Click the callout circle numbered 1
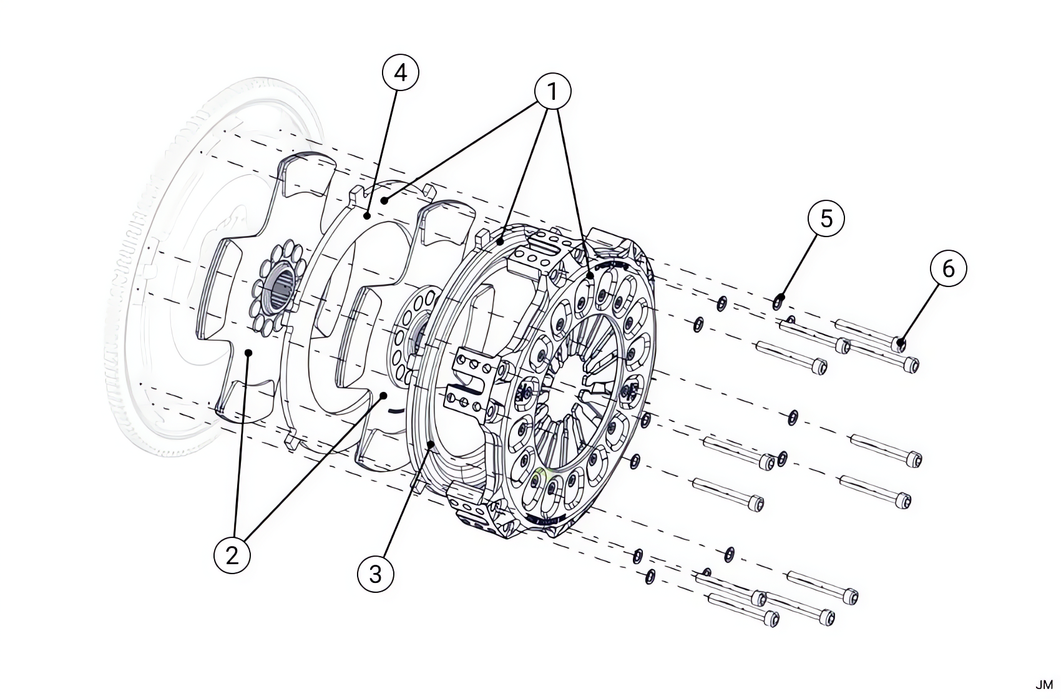tap(552, 92)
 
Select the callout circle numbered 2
tap(232, 554)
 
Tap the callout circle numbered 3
tap(376, 573)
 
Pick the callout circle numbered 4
tap(400, 73)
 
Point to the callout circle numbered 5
tap(826, 218)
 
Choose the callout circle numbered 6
tap(948, 268)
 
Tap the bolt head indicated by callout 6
tap(899, 343)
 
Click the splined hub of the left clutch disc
tap(280, 291)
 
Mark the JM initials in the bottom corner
tap(1044, 685)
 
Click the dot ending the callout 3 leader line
tap(431, 444)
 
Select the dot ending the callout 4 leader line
tap(368, 217)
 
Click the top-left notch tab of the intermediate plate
tap(358, 193)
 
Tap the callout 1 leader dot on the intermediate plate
tap(386, 200)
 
